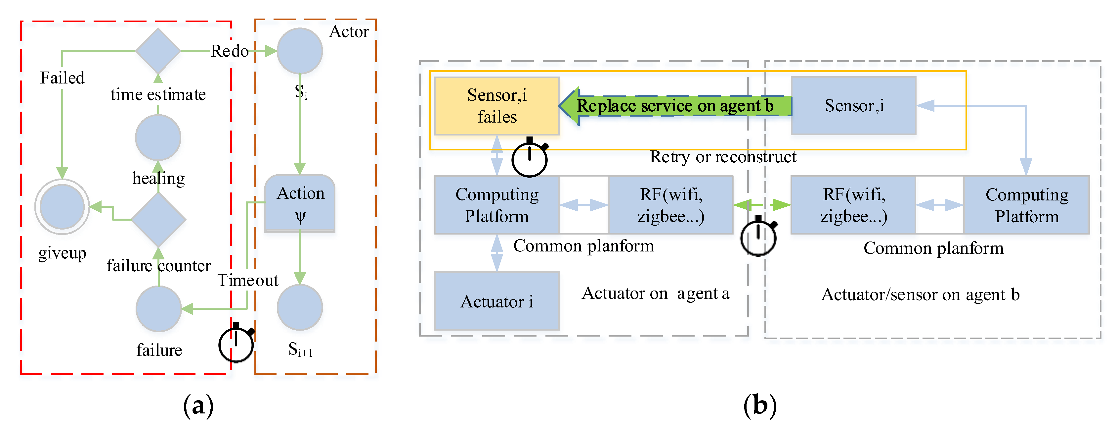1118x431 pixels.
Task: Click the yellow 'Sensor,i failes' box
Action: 496,106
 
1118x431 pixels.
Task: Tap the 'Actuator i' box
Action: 496,301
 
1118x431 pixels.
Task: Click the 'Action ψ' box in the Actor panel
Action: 300,203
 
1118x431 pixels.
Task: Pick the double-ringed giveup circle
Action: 62,206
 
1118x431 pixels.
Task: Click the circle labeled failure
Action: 158,308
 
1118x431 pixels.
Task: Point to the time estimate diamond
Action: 158,51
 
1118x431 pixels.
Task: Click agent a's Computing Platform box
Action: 496,205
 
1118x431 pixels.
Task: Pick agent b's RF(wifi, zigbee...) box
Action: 853,205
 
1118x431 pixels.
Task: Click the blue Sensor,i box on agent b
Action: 853,106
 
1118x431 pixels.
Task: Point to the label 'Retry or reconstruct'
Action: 723,157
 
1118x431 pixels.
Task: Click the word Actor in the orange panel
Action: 349,32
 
